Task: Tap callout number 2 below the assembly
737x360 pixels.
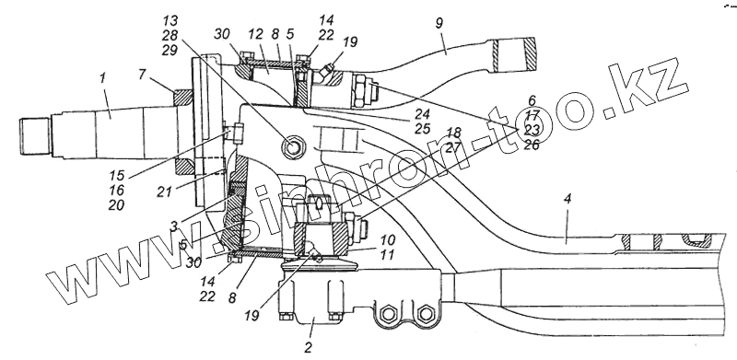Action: click(308, 348)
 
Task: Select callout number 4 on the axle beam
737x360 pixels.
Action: click(567, 199)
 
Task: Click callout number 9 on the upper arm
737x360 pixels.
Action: click(439, 24)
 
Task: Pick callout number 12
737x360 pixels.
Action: click(255, 34)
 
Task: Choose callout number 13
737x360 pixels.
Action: click(170, 20)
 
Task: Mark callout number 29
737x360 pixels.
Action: click(170, 50)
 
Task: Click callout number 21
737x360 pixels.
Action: click(164, 192)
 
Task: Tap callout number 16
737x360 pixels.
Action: click(117, 190)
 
